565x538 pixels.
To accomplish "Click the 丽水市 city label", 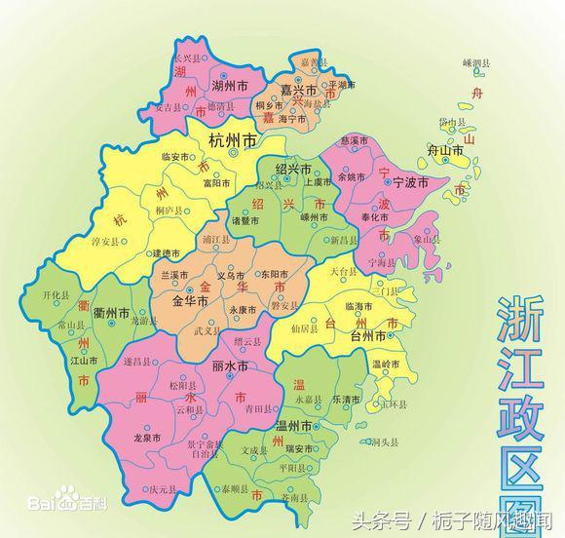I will coord(229,366).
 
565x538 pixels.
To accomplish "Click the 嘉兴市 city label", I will coord(299,90).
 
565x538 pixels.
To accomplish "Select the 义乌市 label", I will coord(231,276).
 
